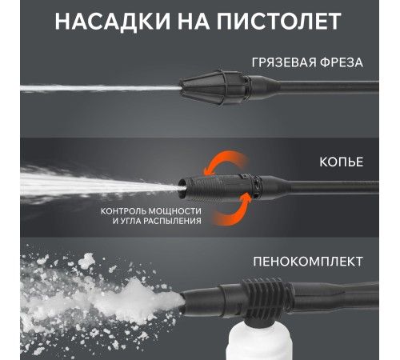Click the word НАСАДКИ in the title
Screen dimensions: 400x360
point(112,22)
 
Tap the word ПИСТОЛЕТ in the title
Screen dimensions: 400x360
point(278,22)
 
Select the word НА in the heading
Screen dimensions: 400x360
point(193,22)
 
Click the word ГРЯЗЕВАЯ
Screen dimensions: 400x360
point(283,63)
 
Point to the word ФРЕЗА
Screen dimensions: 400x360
point(342,62)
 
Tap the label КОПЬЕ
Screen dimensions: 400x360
point(342,162)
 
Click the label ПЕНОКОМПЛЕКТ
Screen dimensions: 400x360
point(308,262)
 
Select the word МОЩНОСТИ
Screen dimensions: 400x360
point(174,211)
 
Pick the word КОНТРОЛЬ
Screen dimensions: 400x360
point(123,211)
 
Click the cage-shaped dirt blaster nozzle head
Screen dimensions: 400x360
point(214,88)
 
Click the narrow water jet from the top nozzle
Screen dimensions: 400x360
point(100,88)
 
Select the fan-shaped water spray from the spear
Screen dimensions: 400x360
point(100,184)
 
